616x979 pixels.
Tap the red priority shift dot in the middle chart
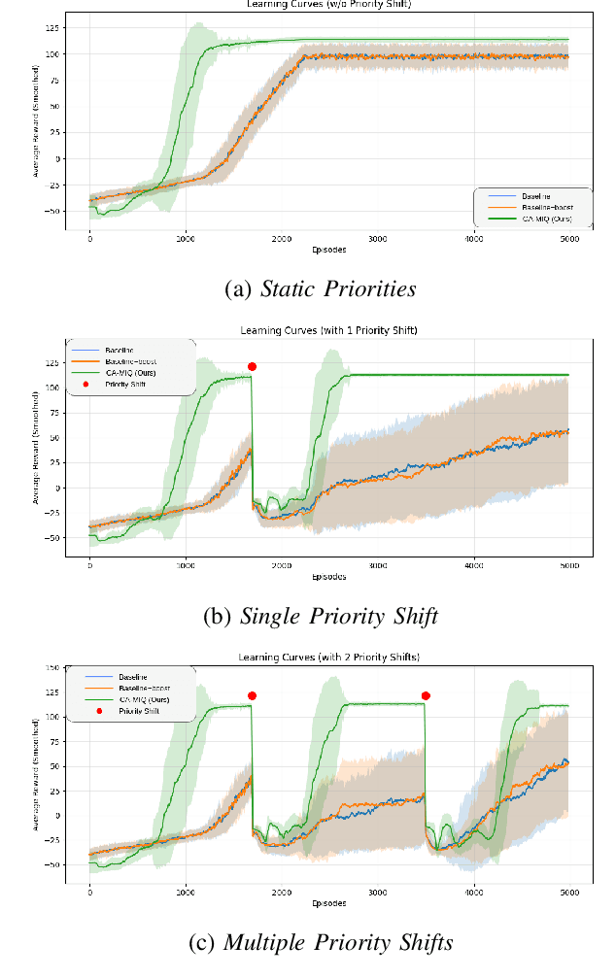pos(252,367)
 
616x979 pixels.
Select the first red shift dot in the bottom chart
pos(252,695)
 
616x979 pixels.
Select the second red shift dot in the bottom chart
pos(426,695)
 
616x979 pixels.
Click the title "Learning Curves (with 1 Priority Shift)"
pos(327,330)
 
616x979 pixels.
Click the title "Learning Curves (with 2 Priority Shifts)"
pos(327,658)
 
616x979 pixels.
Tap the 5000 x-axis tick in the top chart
pos(568,238)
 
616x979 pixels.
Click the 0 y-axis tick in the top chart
pos(58,158)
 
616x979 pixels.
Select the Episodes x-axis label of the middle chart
pos(327,577)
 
